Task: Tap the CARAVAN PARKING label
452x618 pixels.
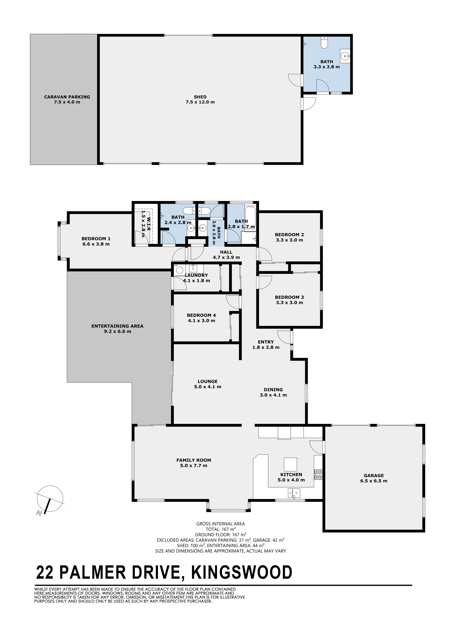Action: point(67,97)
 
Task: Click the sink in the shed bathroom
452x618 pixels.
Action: point(345,56)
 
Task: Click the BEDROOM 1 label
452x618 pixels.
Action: point(96,239)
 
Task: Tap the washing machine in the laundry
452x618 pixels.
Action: point(179,270)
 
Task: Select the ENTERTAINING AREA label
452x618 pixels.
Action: point(117,326)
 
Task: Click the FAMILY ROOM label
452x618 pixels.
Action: point(194,460)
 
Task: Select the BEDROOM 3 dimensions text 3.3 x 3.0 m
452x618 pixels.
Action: point(289,302)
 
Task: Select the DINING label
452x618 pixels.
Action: point(273,390)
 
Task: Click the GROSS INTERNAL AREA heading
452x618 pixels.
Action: point(220,524)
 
